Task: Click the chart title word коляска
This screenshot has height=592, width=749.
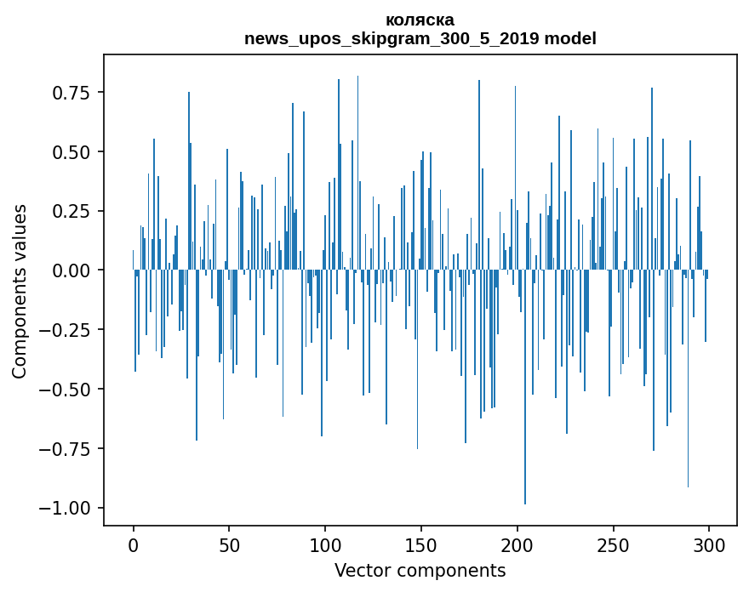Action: [420, 20]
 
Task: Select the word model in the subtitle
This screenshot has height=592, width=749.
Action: [574, 39]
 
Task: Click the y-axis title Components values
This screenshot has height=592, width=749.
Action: [20, 291]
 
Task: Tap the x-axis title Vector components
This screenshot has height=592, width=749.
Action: [420, 571]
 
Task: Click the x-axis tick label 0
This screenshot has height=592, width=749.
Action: [133, 547]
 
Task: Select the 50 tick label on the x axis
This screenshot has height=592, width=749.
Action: [229, 547]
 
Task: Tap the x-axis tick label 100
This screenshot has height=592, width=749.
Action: [324, 547]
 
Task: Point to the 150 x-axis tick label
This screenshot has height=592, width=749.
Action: [420, 547]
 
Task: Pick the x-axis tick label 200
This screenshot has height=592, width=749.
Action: [517, 547]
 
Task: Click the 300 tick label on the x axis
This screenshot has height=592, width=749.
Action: [708, 547]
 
